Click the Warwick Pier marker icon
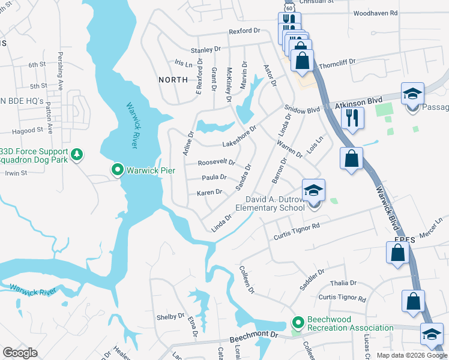118,170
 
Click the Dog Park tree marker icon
76,155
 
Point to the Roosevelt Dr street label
216,163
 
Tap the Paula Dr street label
214,177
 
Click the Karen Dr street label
209,193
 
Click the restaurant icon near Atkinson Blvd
352,117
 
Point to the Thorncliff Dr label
338,61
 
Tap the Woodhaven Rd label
376,13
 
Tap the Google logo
20,353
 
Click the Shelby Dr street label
170,316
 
